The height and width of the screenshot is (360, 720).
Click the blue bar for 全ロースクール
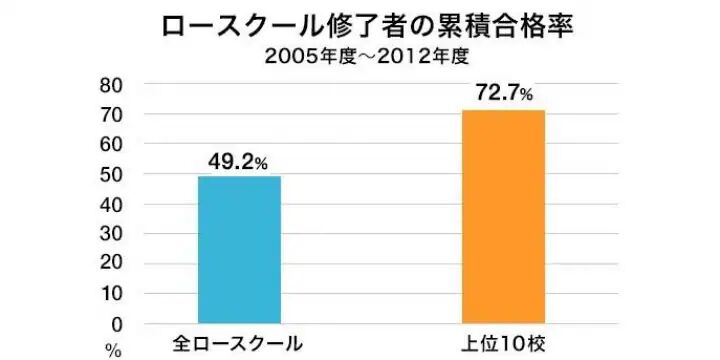(239, 250)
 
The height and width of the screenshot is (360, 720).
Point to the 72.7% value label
(503, 94)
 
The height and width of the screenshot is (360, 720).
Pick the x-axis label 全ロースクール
(238, 343)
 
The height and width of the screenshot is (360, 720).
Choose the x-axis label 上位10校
(502, 343)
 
